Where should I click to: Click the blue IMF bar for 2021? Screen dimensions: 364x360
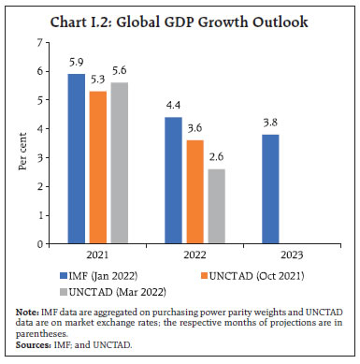(75, 158)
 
